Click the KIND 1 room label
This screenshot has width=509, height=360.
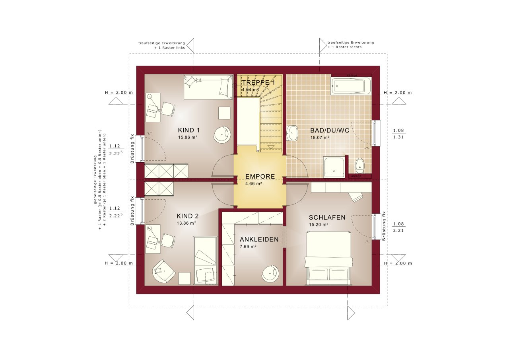(x=188, y=130)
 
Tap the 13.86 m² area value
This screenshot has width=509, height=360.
(x=187, y=223)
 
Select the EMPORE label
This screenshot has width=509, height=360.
(x=260, y=176)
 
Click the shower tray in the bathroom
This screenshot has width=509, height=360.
(x=334, y=167)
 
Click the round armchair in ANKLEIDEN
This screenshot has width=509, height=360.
(x=270, y=274)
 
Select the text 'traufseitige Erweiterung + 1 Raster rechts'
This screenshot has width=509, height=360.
(x=351, y=45)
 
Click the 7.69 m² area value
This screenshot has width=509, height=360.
(x=248, y=247)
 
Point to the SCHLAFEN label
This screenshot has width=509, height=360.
(x=327, y=218)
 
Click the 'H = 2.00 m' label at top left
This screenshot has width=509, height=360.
(x=119, y=93)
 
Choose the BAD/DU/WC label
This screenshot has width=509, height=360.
(x=327, y=130)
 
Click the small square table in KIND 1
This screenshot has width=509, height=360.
(x=224, y=113)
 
